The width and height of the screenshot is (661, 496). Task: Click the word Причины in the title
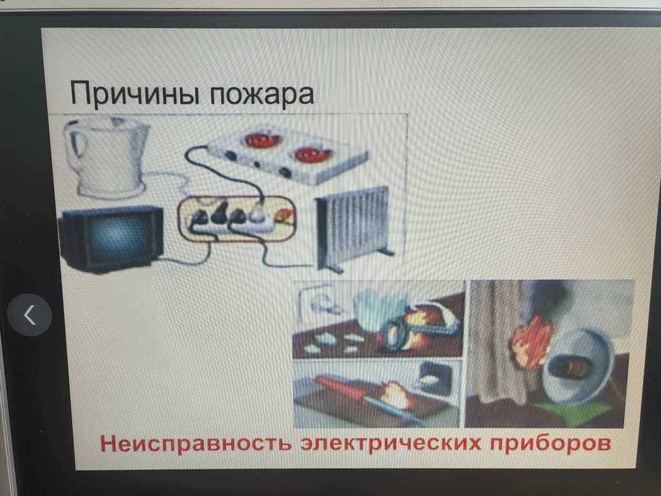coord(134,94)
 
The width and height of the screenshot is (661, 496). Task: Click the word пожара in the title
coord(262,94)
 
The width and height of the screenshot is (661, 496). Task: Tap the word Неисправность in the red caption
coord(196,444)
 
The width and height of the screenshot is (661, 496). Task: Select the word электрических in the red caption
coord(390,444)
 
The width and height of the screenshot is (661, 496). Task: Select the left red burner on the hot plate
coord(262,140)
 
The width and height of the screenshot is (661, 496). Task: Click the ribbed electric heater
coord(353,228)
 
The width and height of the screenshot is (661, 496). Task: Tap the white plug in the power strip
coord(256,213)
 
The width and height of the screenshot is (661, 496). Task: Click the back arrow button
coord(30,315)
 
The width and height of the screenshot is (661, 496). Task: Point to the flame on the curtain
coord(531,341)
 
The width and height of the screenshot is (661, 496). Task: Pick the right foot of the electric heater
coord(386,252)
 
